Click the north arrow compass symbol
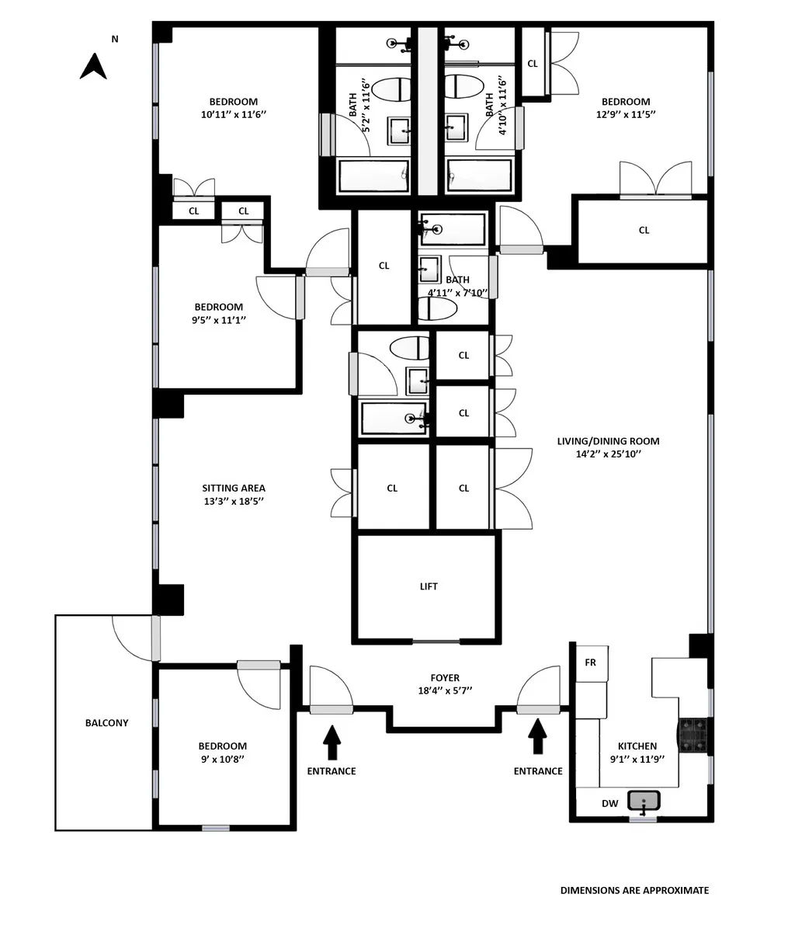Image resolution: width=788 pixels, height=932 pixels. pos(93,66)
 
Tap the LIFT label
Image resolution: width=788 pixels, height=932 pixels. pos(429,586)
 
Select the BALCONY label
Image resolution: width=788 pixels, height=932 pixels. pos(106,723)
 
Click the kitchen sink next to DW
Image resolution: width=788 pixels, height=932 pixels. pos(643,801)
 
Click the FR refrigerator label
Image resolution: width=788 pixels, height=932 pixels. pos(590,662)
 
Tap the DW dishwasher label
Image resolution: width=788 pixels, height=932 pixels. pos(610,804)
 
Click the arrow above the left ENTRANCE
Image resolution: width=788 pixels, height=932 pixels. pos(332,742)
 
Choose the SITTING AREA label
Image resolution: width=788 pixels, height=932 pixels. pos(234,489)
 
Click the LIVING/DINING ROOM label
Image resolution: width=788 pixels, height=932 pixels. pos(608,441)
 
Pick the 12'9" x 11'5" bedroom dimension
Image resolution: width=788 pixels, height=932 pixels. pos(625,114)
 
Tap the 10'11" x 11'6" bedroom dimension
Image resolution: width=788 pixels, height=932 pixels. pos(233,114)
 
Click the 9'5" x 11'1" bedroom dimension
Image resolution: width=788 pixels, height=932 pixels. pos(218,319)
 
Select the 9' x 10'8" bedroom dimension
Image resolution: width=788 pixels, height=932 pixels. pos(222,759)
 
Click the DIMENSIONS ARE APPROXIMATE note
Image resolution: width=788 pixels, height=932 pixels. pos(634,891)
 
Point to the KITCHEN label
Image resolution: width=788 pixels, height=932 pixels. pos(637,746)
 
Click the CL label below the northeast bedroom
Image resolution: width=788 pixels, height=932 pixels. pos(644,230)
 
